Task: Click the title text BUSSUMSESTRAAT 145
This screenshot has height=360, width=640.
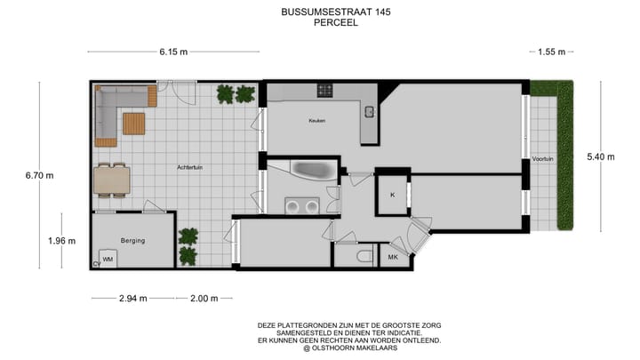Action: pyautogui.click(x=324, y=12)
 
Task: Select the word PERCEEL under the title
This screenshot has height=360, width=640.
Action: pyautogui.click(x=324, y=24)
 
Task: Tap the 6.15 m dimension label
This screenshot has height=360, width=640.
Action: pyautogui.click(x=173, y=52)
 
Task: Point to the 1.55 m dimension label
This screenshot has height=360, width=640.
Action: pyautogui.click(x=551, y=52)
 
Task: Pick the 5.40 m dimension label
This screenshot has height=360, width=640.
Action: pyautogui.click(x=600, y=156)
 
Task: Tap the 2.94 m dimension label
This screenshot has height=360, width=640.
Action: pyautogui.click(x=132, y=299)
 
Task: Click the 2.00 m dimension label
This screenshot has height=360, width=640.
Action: pyautogui.click(x=204, y=299)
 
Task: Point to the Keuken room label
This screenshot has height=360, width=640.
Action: pyautogui.click(x=318, y=120)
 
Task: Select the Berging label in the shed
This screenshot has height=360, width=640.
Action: pyautogui.click(x=132, y=241)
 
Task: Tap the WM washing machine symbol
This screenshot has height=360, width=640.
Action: pyautogui.click(x=108, y=259)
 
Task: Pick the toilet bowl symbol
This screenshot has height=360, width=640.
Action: pyautogui.click(x=364, y=257)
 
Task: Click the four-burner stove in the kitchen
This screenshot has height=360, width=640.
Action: pyautogui.click(x=325, y=90)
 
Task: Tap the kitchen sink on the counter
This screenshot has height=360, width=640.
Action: pyautogui.click(x=368, y=111)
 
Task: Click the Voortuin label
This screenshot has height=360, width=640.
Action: pyautogui.click(x=542, y=158)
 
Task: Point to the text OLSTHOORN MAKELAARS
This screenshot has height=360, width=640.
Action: pyautogui.click(x=349, y=348)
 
